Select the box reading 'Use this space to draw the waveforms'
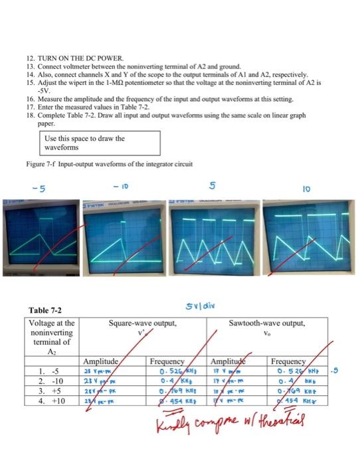(98, 143)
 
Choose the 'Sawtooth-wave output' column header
(266, 324)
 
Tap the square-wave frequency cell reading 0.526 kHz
(170, 372)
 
